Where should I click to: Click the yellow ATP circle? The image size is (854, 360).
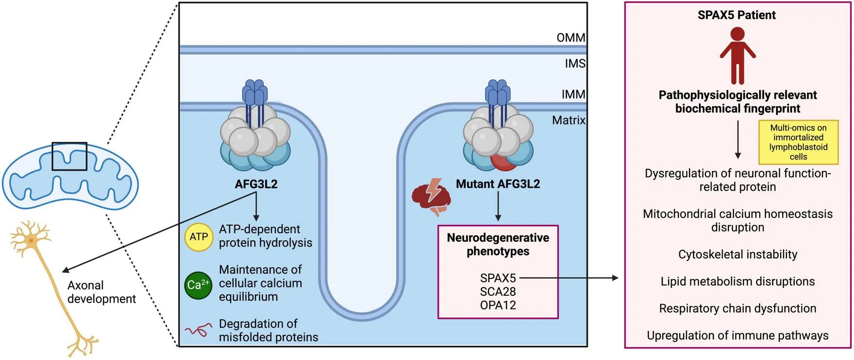[199, 237]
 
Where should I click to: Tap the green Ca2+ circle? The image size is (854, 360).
[198, 285]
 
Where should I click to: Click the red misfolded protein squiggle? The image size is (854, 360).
[198, 330]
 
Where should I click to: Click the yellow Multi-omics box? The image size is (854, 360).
[798, 142]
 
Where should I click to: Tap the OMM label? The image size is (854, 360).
[571, 37]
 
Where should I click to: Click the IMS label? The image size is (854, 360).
[575, 64]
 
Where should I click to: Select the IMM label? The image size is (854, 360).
[573, 94]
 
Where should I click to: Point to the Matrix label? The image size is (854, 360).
[568, 120]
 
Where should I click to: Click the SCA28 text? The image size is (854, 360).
[498, 292]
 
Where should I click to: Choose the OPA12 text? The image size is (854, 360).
[498, 306]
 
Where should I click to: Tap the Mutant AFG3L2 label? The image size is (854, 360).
[498, 184]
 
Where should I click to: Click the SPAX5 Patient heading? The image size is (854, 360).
[737, 15]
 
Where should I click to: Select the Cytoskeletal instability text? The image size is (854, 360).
[738, 254]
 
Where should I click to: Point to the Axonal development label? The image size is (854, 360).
[101, 292]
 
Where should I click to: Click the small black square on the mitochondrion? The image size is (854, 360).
[70, 156]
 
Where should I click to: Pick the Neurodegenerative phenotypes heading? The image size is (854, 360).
[498, 244]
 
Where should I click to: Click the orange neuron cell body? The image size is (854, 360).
[31, 240]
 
